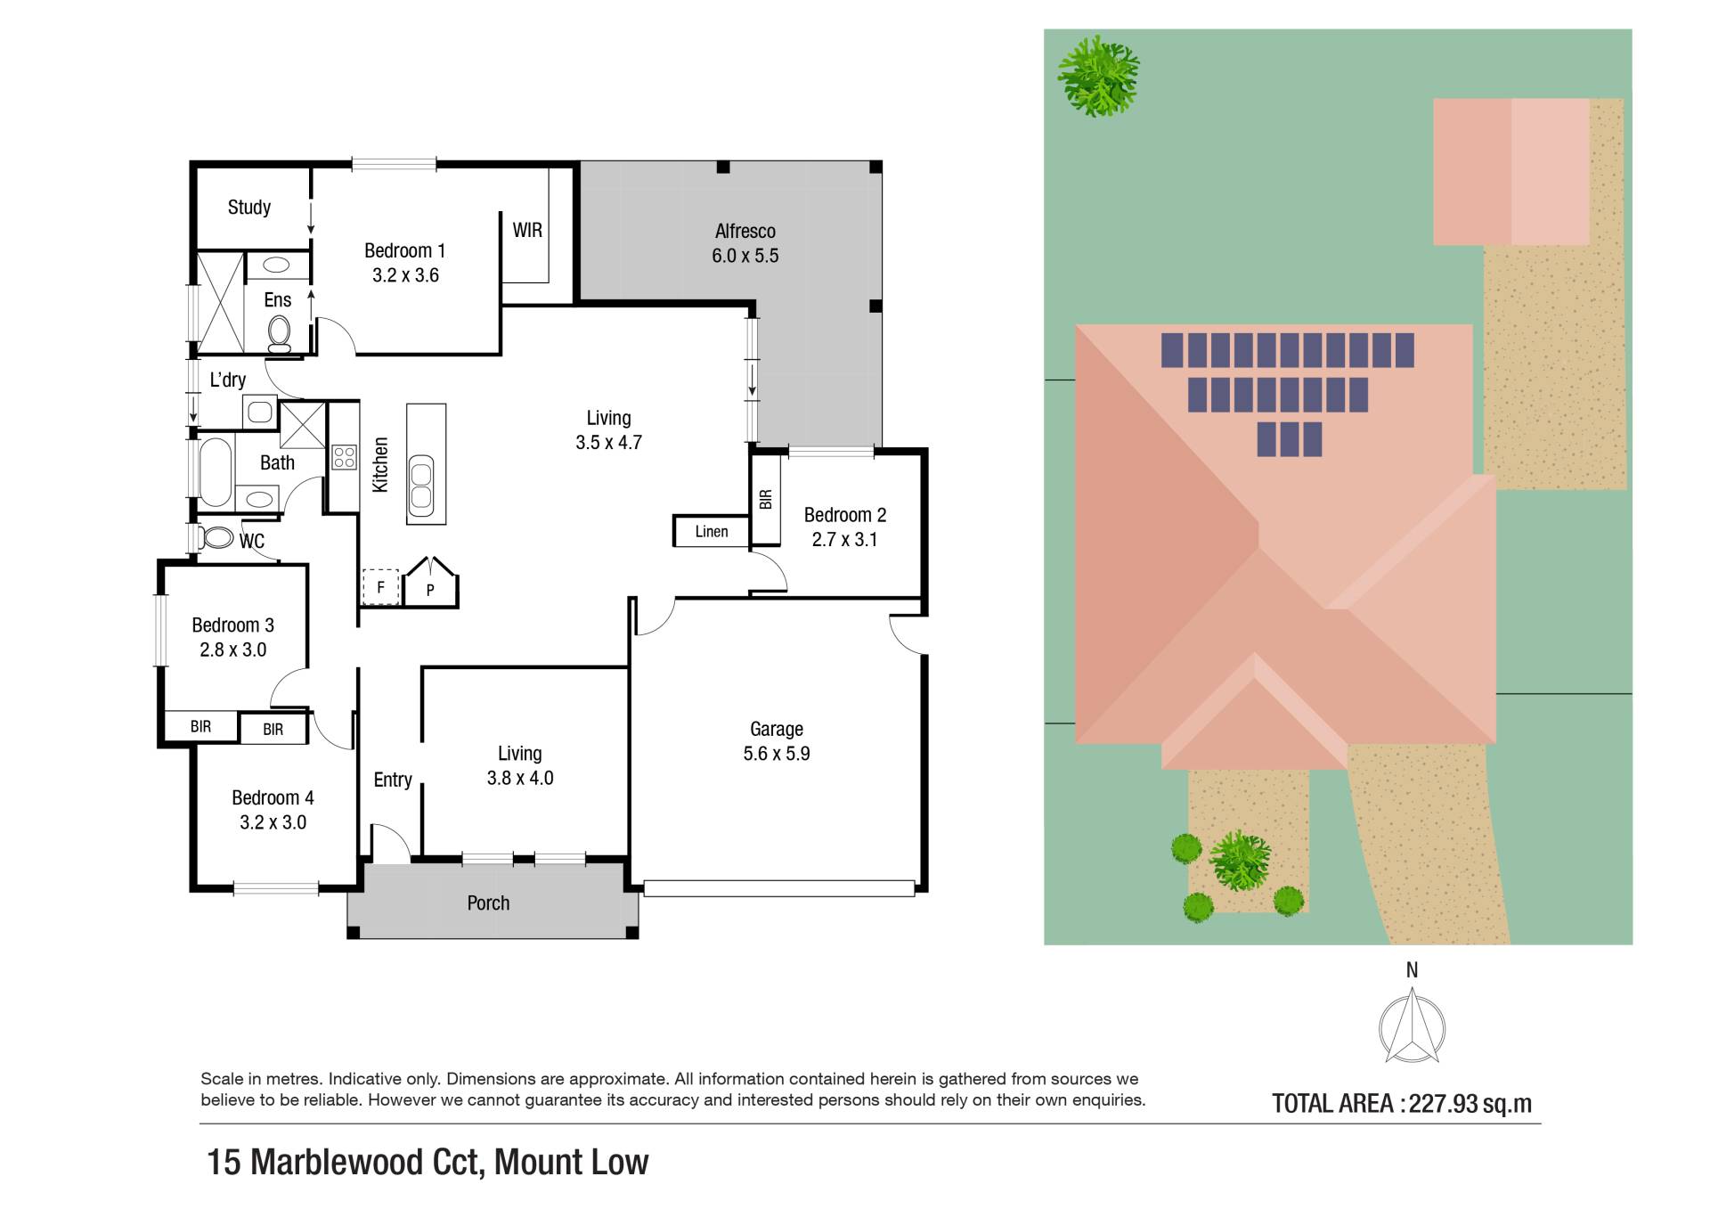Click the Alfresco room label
pyautogui.click(x=745, y=232)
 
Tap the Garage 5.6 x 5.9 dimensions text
pyautogui.click(x=777, y=754)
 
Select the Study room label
pyautogui.click(x=249, y=208)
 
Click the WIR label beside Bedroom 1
pyautogui.click(x=527, y=230)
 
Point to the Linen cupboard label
pyautogui.click(x=712, y=532)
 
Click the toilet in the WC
pyautogui.click(x=215, y=538)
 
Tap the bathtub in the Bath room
pyautogui.click(x=216, y=472)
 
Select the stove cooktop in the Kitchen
pyautogui.click(x=345, y=458)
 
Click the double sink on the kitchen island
pyautogui.click(x=421, y=486)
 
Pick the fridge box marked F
pyautogui.click(x=380, y=587)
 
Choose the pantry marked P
pyautogui.click(x=430, y=583)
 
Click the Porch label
pyautogui.click(x=488, y=903)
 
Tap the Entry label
pyautogui.click(x=393, y=780)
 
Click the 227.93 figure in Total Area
pyautogui.click(x=1443, y=1104)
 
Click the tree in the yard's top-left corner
pyautogui.click(x=1098, y=76)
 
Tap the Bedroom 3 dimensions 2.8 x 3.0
pyautogui.click(x=233, y=650)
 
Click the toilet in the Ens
pyautogui.click(x=279, y=334)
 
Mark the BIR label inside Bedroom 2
pyautogui.click(x=765, y=500)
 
